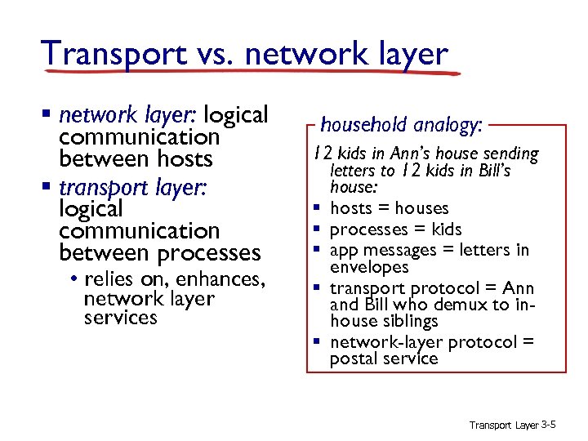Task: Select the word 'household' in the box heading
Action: [364, 125]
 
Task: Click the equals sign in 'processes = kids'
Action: [423, 229]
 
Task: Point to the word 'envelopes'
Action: [369, 267]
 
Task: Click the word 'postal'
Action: [352, 359]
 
